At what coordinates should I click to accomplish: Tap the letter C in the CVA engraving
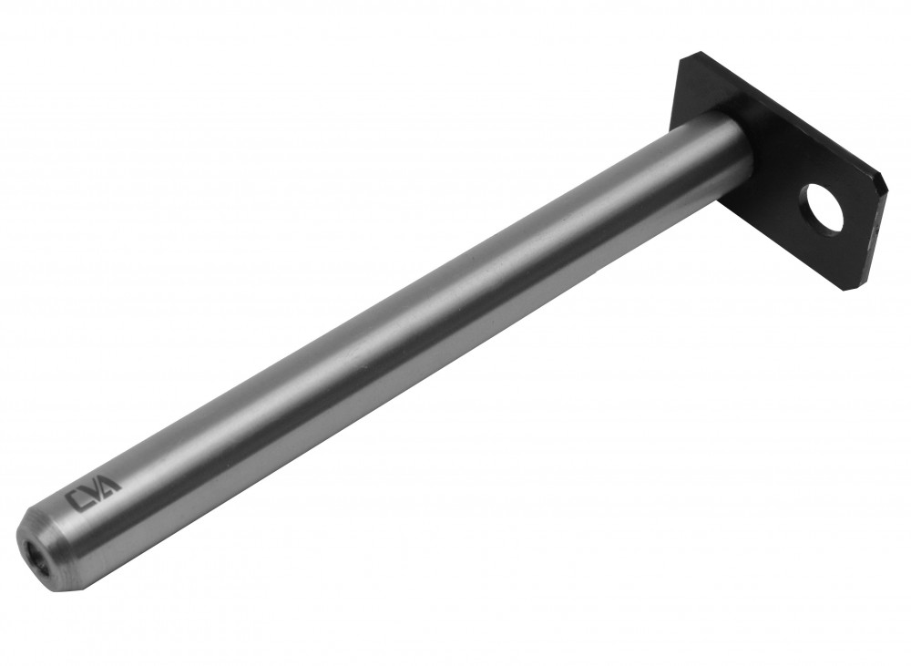pyautogui.click(x=75, y=501)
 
